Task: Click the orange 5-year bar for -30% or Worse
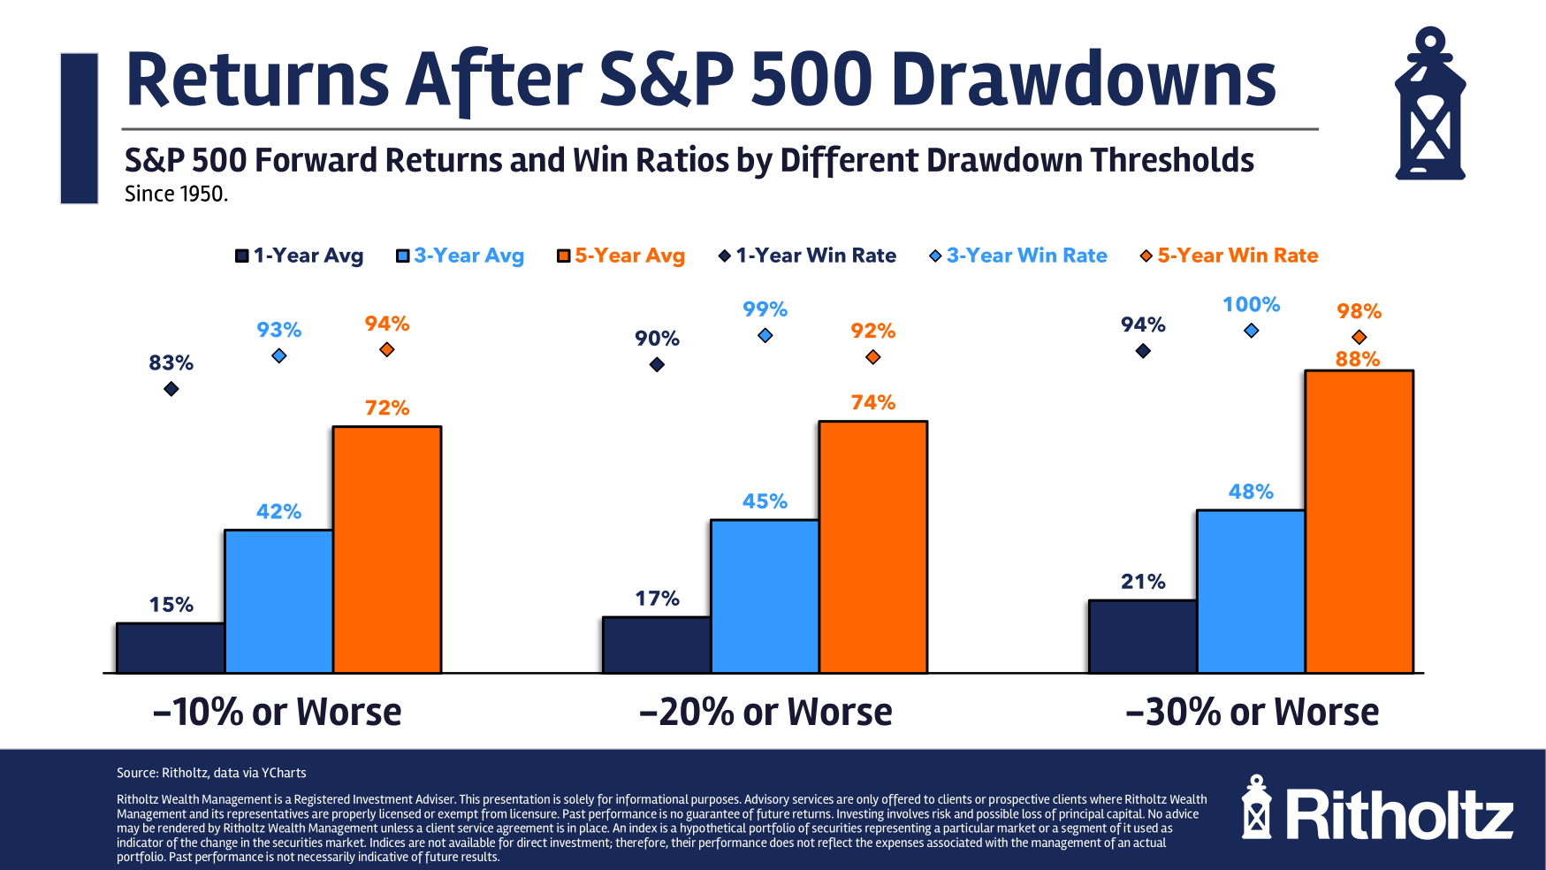point(1359,522)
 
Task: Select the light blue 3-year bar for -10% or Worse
point(278,601)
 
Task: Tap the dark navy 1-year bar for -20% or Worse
point(657,645)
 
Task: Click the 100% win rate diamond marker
point(1251,331)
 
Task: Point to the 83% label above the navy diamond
point(171,362)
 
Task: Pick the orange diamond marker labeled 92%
point(872,357)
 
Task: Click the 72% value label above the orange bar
point(387,408)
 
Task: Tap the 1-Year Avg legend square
point(241,256)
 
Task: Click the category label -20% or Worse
point(765,712)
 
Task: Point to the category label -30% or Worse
point(1252,712)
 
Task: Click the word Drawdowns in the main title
point(1084,80)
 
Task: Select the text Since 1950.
point(176,194)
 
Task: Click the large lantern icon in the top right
point(1429,104)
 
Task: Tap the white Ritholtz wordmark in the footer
point(1399,815)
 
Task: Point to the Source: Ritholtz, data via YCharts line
point(211,773)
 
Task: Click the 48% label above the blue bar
point(1251,492)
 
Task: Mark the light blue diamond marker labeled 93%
point(278,355)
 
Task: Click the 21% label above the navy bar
point(1143,582)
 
